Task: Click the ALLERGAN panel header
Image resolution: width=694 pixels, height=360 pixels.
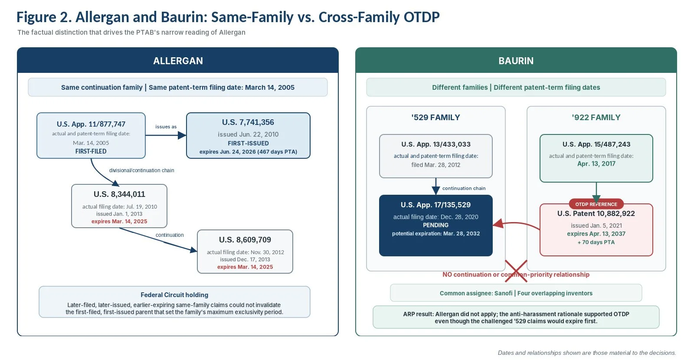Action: [x=178, y=60]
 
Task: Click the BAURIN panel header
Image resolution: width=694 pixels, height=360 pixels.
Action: [x=516, y=60]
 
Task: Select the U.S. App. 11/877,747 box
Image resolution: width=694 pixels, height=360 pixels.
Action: [x=91, y=135]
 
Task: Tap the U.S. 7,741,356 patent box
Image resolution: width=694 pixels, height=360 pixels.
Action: [x=248, y=135]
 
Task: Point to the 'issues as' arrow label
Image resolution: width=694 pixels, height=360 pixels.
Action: [x=166, y=127]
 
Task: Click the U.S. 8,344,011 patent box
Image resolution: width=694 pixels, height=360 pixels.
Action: [x=119, y=206]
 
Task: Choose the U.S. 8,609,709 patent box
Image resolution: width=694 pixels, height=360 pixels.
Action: [x=245, y=252]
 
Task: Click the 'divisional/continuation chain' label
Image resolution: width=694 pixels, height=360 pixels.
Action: [x=141, y=170]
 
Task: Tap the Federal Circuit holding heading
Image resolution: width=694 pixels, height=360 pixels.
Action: [x=174, y=295]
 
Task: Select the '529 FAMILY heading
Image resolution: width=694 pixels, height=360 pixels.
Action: [x=435, y=118]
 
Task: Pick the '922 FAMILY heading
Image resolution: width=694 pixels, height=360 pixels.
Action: [x=596, y=118]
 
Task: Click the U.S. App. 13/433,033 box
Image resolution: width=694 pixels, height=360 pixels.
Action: [x=436, y=156]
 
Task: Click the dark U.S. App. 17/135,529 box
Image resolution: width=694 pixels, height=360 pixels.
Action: [x=436, y=226]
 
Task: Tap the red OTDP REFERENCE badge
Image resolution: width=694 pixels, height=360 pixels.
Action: [x=596, y=204]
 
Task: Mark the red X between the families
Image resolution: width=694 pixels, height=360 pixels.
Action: [x=516, y=271]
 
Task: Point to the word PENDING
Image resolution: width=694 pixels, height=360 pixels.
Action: [x=435, y=225]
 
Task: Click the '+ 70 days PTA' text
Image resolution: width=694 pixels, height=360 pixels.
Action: [x=596, y=242]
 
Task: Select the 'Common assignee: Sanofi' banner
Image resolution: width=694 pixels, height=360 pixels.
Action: [x=516, y=293]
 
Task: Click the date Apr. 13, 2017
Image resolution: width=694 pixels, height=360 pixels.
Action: [x=596, y=164]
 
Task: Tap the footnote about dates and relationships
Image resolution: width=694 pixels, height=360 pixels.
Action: [x=587, y=353]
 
